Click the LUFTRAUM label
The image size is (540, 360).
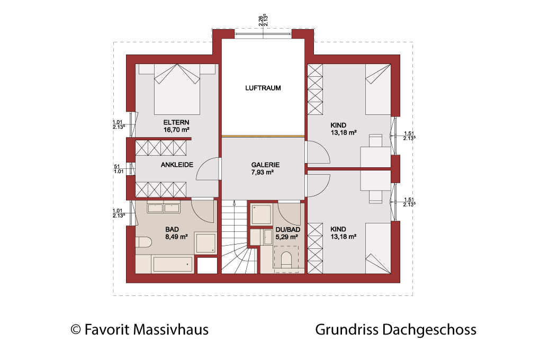coord(263,88)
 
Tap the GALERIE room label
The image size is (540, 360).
coord(265,165)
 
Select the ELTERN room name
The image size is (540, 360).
coord(176,122)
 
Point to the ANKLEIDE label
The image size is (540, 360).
coord(177,165)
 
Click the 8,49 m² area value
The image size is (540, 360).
coord(176,237)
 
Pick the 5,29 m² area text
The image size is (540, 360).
coord(286,237)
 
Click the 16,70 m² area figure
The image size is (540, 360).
coord(176,130)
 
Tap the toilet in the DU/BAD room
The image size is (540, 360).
coord(286,259)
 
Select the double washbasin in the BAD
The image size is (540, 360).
coord(164,208)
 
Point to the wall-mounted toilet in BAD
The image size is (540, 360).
coord(143,242)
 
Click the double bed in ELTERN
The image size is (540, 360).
coord(177,89)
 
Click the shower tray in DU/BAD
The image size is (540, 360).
coord(262,214)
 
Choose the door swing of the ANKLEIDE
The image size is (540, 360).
coord(208,169)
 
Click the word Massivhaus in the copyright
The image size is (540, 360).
coord(171,330)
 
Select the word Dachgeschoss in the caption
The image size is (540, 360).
coord(429,330)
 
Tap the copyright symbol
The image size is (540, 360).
coord(76,330)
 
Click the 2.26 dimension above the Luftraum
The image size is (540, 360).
coord(260,20)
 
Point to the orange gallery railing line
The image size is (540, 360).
coord(263,137)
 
